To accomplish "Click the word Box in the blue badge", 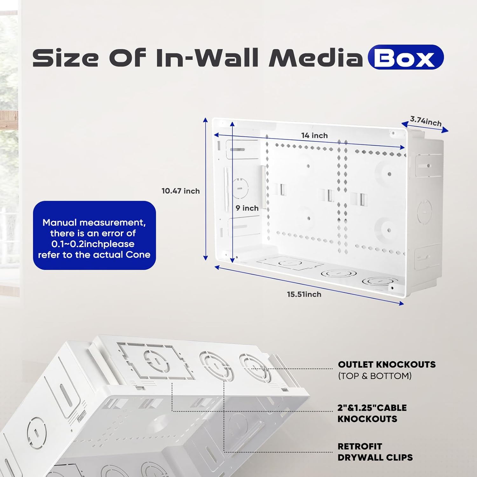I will pyautogui.click(x=405, y=58).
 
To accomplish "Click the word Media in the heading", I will pyautogui.click(x=315, y=58).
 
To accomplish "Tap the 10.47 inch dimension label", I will pyautogui.click(x=181, y=191).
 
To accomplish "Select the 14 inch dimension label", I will pyautogui.click(x=315, y=135).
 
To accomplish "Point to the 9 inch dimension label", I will pyautogui.click(x=247, y=208).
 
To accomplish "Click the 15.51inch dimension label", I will pyautogui.click(x=304, y=294).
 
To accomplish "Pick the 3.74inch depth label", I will pyautogui.click(x=426, y=121).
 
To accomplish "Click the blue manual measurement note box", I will pyautogui.click(x=94, y=235).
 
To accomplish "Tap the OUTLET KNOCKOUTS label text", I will pyautogui.click(x=387, y=364).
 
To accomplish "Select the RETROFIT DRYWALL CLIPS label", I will pyautogui.click(x=375, y=452).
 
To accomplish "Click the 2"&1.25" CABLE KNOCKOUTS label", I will pyautogui.click(x=372, y=413).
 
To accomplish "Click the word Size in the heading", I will pyautogui.click(x=66, y=58).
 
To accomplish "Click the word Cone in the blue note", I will pyautogui.click(x=138, y=255).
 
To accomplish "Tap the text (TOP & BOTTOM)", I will pyautogui.click(x=375, y=376).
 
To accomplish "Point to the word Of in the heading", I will pyautogui.click(x=127, y=58).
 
